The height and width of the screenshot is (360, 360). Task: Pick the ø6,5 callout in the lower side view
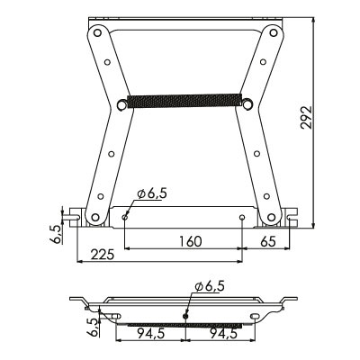(x=209, y=286)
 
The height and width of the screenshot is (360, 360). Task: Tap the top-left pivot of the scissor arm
(x=94, y=34)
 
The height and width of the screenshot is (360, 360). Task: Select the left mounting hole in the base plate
(x=124, y=217)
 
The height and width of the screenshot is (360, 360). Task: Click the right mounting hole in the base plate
(x=242, y=217)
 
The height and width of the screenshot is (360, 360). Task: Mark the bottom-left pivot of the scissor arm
(x=93, y=217)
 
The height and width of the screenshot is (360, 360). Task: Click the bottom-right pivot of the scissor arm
(x=274, y=217)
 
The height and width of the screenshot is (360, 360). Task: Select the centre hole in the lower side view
(x=185, y=315)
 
